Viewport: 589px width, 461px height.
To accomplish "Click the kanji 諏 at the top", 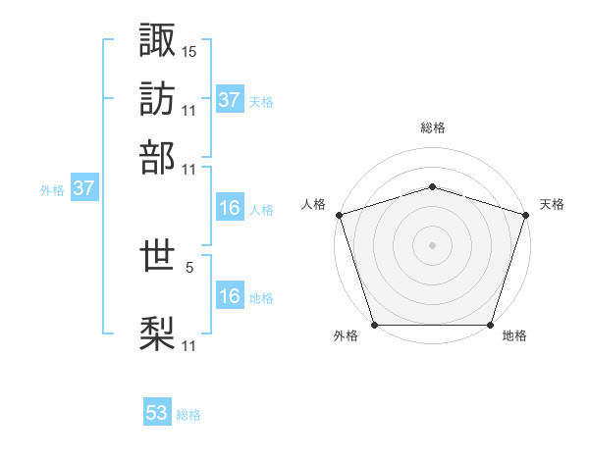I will [158, 39].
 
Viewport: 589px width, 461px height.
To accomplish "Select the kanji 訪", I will [158, 98].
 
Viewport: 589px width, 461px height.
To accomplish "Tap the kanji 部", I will [158, 157].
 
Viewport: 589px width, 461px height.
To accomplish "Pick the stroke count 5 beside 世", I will [189, 265].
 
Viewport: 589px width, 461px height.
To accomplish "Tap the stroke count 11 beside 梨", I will [189, 345].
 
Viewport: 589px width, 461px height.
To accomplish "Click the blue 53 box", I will [157, 413].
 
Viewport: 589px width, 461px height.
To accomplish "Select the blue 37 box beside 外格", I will [83, 188].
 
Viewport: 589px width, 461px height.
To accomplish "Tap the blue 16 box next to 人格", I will [230, 208].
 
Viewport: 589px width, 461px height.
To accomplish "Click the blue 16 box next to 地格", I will [230, 296].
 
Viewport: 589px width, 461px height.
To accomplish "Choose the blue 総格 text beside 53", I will [188, 415].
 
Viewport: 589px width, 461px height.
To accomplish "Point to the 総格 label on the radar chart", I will [433, 128].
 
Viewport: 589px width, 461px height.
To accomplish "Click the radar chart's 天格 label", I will [552, 204].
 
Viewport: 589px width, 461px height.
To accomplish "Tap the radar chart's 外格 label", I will [346, 335].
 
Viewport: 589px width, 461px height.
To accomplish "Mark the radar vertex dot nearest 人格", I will [340, 215].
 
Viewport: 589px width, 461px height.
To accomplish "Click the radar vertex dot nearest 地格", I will [490, 325].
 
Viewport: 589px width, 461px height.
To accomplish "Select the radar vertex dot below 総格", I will [433, 186].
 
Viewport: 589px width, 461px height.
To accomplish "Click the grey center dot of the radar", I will [433, 245].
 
